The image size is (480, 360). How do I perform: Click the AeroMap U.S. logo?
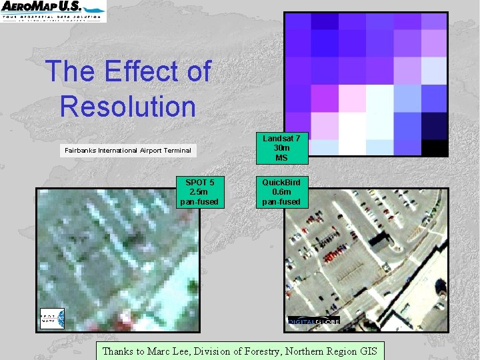click(x=53, y=11)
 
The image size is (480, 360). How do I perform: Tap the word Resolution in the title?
click(x=127, y=106)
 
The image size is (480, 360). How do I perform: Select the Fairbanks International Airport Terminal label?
click(x=127, y=151)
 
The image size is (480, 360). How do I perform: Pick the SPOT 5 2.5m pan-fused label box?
click(x=199, y=192)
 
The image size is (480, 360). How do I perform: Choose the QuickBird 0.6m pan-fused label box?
click(x=281, y=192)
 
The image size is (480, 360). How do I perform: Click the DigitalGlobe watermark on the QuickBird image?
click(x=313, y=321)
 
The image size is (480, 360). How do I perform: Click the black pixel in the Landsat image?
click(x=434, y=148)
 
